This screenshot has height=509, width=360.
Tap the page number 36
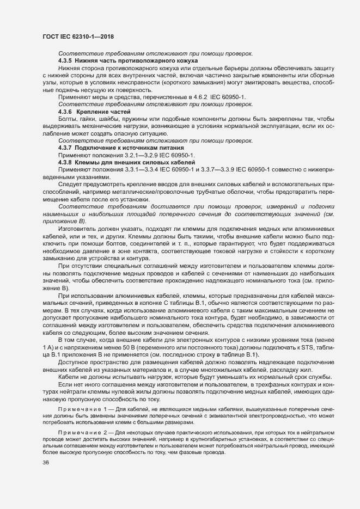coord(46,463)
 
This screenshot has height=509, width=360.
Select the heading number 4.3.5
coord(65,62)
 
